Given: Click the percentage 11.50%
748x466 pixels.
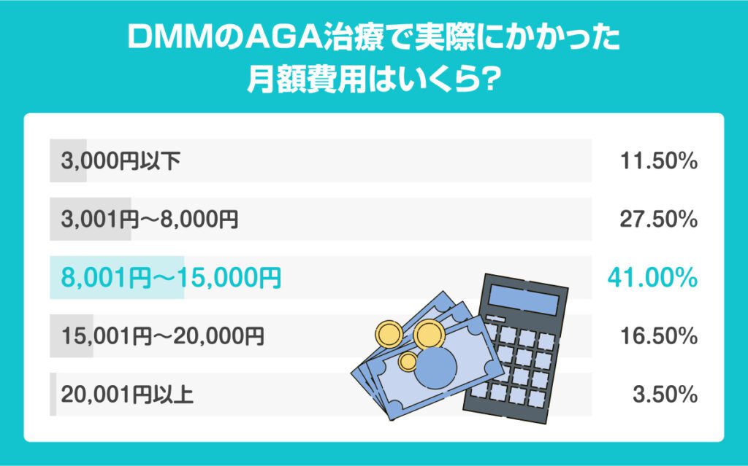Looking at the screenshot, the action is (x=658, y=161).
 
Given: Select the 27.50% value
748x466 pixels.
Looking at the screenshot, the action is (x=658, y=220).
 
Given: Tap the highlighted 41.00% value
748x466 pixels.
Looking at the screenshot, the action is (x=652, y=278).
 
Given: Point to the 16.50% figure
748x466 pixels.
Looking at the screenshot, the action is (x=658, y=336).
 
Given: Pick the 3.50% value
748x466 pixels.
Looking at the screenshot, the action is (x=665, y=395).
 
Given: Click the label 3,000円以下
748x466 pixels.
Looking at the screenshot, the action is (x=121, y=161).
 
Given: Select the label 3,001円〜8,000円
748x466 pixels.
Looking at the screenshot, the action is (x=149, y=220).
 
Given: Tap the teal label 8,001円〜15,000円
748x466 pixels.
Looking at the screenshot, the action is (x=171, y=278).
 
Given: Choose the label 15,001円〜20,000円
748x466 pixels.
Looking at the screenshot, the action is (x=162, y=336).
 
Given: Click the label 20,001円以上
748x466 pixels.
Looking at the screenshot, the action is (x=127, y=395).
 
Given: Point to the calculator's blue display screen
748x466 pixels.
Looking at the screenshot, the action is (x=523, y=300).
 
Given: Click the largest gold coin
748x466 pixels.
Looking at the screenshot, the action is (x=429, y=335).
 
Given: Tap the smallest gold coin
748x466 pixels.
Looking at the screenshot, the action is (x=408, y=362).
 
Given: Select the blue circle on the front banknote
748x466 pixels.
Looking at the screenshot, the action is (x=435, y=368).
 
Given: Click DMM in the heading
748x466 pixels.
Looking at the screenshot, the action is (x=169, y=38).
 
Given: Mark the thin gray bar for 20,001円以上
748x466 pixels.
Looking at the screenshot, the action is (x=53, y=395).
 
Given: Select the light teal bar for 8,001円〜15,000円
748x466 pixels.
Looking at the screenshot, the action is (x=117, y=278).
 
